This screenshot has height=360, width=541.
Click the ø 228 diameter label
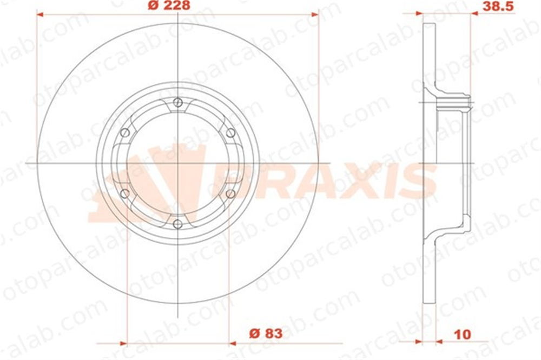point(169,5)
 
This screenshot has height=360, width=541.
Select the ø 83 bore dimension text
point(266,334)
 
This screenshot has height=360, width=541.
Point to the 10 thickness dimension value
point(463,334)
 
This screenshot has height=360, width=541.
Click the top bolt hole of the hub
point(177,102)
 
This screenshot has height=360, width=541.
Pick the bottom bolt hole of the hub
point(177,224)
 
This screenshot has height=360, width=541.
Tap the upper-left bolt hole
point(125,133)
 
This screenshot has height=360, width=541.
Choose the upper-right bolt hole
point(230,133)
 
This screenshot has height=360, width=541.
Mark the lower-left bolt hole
point(125,194)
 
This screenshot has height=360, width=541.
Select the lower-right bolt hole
point(230,194)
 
